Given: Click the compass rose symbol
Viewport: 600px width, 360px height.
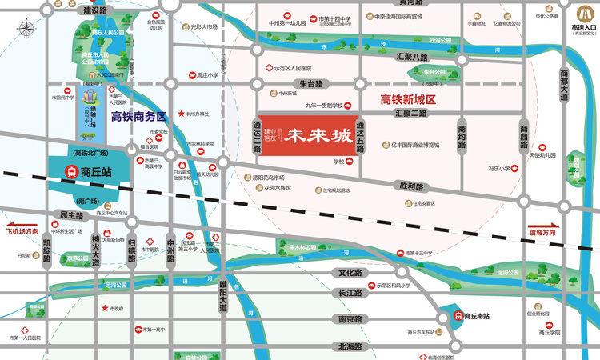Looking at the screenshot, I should tap(26, 30).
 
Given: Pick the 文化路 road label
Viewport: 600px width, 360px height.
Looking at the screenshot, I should tap(351, 273).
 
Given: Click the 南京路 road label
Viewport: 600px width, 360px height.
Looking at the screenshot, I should tap(350, 318).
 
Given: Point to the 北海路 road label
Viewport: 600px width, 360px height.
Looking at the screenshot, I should tap(350, 346).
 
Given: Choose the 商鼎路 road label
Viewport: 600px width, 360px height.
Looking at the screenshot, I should tap(525, 132).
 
